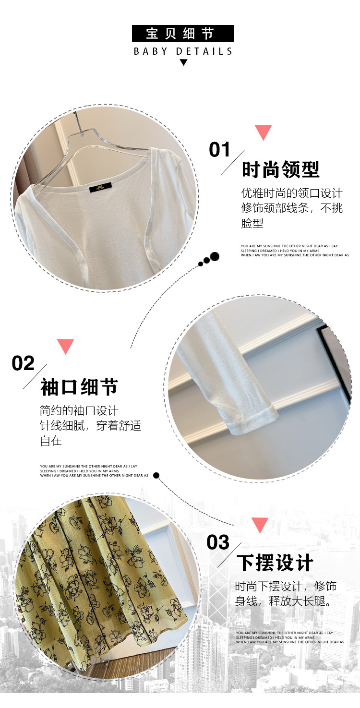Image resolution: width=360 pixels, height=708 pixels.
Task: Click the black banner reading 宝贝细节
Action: (x=182, y=34)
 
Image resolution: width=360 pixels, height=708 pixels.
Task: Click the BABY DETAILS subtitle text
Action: (x=183, y=51)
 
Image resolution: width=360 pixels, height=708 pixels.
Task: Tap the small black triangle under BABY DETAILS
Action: (x=183, y=62)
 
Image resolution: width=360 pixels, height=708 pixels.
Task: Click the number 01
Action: (x=220, y=150)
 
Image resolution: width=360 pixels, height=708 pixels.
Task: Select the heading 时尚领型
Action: (x=280, y=169)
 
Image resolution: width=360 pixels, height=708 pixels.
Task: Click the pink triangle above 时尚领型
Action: (x=263, y=132)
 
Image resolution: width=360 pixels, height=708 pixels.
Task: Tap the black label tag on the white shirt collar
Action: (x=101, y=186)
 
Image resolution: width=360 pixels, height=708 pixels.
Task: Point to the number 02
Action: (x=23, y=363)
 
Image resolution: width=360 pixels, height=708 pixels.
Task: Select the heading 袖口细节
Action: (x=79, y=387)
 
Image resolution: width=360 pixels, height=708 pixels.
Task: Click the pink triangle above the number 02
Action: (x=65, y=346)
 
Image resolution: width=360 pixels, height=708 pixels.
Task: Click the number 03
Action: (x=218, y=542)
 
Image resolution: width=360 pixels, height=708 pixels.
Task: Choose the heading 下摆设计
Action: (x=275, y=563)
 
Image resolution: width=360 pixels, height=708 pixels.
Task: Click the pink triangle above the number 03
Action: (x=260, y=524)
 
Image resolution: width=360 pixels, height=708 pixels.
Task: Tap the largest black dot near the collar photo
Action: (x=215, y=256)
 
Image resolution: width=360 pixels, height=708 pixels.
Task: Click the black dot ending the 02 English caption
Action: (x=156, y=475)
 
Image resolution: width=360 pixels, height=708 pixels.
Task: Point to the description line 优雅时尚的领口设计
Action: (x=292, y=193)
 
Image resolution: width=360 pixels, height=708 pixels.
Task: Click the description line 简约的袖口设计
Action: (x=79, y=411)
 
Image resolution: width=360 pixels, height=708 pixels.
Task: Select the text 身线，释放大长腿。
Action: (x=284, y=601)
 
